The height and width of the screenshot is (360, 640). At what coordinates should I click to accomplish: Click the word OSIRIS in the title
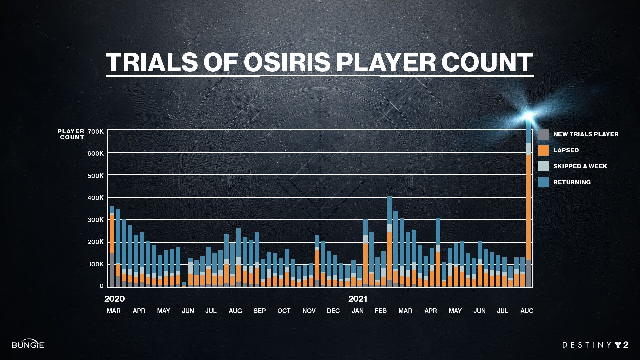(x=287, y=62)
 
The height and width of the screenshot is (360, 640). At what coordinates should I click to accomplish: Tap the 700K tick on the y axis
(x=96, y=132)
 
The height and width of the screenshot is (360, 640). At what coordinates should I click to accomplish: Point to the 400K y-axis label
(x=96, y=198)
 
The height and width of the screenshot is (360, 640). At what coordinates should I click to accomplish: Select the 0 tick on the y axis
(x=101, y=286)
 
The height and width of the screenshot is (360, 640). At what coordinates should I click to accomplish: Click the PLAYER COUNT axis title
(x=71, y=134)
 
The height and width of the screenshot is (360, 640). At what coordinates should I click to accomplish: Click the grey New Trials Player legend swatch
(x=543, y=134)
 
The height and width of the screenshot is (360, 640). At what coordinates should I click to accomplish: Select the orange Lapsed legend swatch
(x=543, y=150)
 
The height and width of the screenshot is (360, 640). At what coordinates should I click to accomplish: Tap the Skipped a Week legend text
(x=580, y=166)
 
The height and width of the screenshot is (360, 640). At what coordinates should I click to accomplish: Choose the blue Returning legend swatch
(x=543, y=182)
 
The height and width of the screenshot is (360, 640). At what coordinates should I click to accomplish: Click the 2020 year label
(x=114, y=299)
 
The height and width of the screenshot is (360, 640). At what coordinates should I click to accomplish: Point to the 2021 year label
(x=358, y=299)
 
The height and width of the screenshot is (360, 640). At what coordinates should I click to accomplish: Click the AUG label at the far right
(x=527, y=311)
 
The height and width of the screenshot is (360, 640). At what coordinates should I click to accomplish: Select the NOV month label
(x=309, y=311)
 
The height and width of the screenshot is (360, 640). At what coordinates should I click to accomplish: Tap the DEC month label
(x=333, y=311)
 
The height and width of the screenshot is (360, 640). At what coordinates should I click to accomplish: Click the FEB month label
(x=380, y=311)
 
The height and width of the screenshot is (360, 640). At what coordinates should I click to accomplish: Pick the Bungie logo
(x=28, y=345)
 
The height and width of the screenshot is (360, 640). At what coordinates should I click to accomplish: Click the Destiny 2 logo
(x=595, y=345)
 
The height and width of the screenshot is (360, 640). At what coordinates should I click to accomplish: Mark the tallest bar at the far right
(x=529, y=207)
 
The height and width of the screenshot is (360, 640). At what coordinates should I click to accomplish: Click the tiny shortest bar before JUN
(x=184, y=284)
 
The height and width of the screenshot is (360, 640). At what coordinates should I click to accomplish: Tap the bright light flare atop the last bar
(x=529, y=115)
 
